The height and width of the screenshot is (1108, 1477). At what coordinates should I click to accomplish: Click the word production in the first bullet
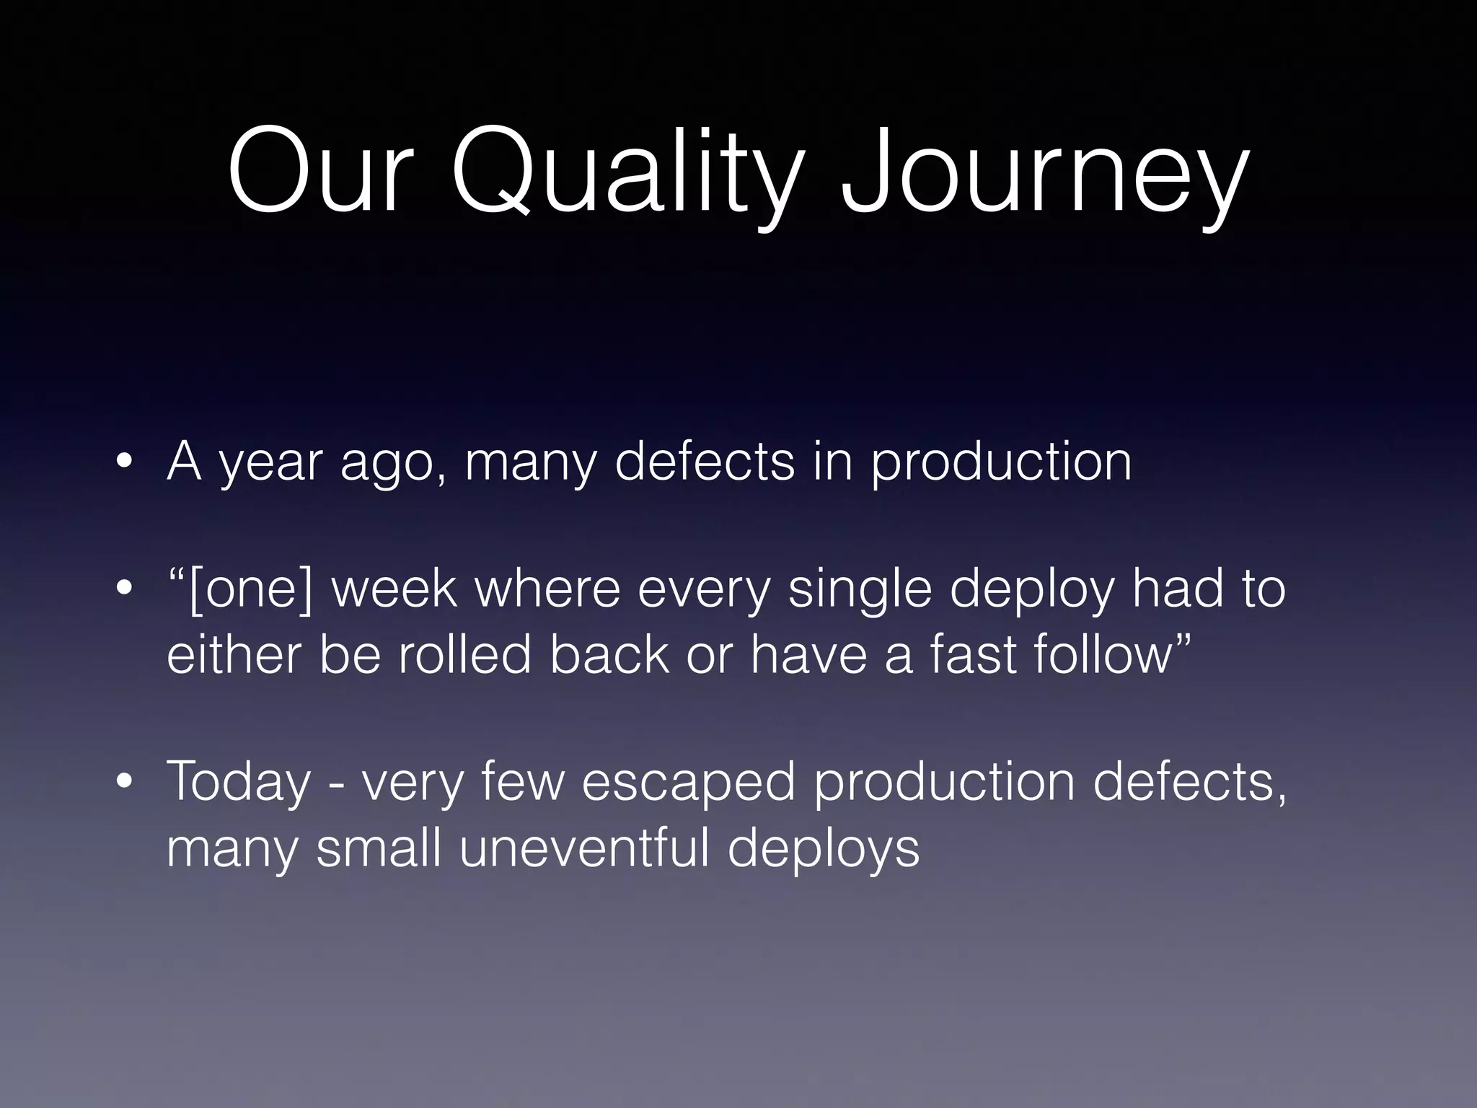coord(1001,462)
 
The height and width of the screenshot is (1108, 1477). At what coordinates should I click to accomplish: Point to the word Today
coord(238,783)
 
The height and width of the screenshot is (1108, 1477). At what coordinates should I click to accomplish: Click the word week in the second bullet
coord(394,589)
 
